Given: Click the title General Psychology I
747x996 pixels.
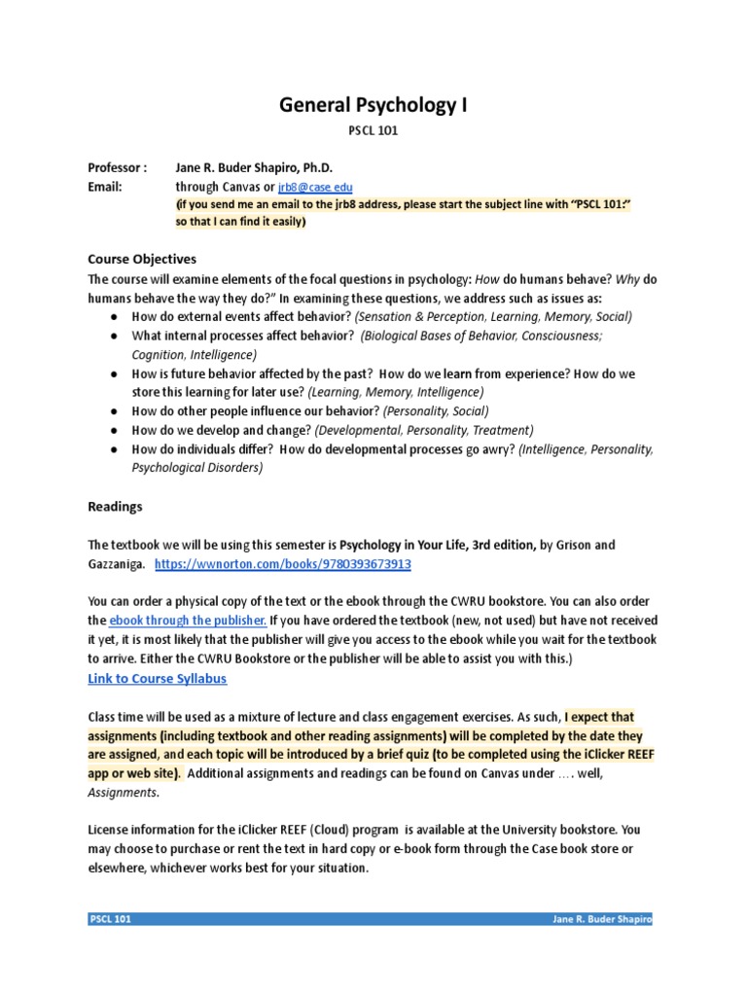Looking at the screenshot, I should [x=373, y=104].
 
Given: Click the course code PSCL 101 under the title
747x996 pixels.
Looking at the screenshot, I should [x=373, y=129].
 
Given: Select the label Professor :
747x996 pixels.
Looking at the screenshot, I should [x=118, y=168].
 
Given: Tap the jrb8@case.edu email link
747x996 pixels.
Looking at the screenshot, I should [x=315, y=187].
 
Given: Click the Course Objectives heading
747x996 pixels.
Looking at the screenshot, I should [x=142, y=259].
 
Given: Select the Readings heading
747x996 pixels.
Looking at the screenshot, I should [x=115, y=507].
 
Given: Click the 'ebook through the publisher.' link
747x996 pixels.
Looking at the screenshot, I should [x=187, y=621].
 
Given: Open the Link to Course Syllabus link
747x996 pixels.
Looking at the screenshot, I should [x=158, y=677].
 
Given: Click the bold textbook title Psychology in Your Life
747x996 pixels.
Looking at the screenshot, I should [x=405, y=545].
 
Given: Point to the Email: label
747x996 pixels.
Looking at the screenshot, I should [x=105, y=187].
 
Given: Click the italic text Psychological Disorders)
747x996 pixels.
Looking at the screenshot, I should [x=196, y=468].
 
